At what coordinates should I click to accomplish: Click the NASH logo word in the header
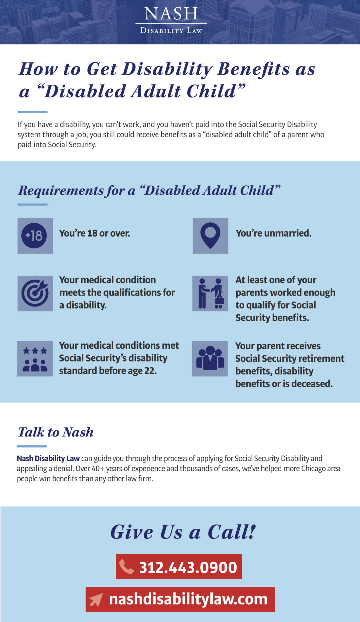coord(171,14)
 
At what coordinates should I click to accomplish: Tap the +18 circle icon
coord(34,236)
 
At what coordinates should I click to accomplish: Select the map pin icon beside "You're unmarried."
coord(210,236)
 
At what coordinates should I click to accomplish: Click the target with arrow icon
coord(35,293)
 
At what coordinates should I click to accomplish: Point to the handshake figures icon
coord(210,293)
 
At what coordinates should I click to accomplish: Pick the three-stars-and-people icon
coord(35,359)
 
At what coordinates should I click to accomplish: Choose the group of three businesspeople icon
coord(210,358)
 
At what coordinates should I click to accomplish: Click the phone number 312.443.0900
coord(188,567)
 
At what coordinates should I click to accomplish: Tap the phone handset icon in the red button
coord(126,567)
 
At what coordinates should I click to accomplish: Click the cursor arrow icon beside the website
coord(96,600)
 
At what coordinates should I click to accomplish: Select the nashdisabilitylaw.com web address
coord(188,599)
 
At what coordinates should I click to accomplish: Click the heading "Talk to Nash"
coord(56,432)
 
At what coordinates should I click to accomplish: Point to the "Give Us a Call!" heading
coord(183,532)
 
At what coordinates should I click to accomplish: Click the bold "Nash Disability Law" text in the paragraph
coord(48,458)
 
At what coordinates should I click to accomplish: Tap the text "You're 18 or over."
coord(94,233)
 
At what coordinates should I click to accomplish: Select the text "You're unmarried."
coord(274,233)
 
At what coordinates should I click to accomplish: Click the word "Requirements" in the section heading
coord(61,190)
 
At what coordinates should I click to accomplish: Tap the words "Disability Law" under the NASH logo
coord(171,31)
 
